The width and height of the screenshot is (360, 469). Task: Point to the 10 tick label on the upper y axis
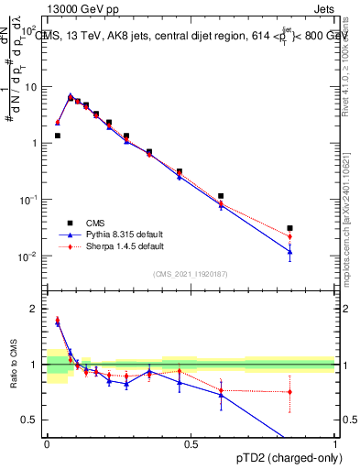(x=32, y=87)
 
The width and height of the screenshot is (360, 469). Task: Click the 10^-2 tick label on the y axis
(x=28, y=256)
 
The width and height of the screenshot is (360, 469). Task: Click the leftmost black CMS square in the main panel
(x=58, y=136)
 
